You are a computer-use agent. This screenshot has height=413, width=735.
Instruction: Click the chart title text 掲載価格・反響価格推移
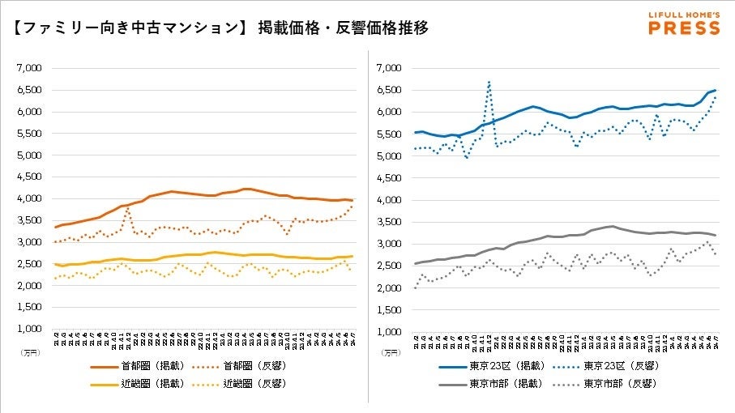click(343, 28)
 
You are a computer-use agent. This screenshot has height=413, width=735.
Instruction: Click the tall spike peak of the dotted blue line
click(489, 81)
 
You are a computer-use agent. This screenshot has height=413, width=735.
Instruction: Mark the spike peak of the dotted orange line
click(128, 207)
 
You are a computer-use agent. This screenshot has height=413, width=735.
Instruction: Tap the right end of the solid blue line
click(715, 90)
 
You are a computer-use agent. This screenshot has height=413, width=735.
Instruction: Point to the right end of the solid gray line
click(715, 235)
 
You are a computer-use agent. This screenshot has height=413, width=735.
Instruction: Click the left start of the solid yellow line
click(55, 264)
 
